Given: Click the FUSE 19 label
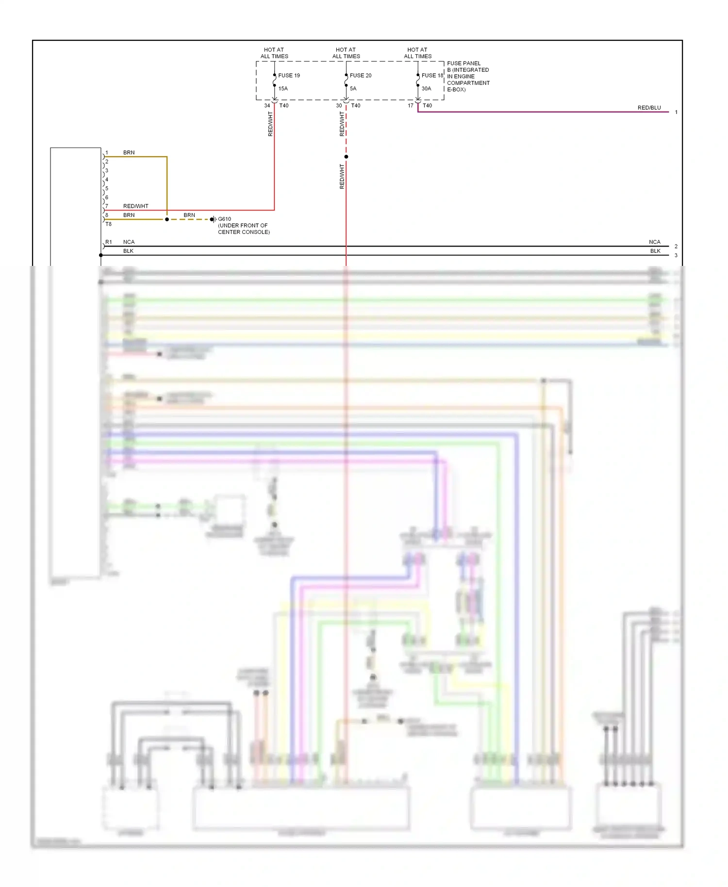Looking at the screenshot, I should click(289, 75).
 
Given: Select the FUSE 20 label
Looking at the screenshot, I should click(361, 75).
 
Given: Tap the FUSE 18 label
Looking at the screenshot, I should click(432, 75).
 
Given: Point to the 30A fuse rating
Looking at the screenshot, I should click(426, 88).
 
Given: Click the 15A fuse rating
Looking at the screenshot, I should click(283, 88).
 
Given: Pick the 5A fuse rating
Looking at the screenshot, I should click(353, 88).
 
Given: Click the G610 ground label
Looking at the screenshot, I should click(224, 219).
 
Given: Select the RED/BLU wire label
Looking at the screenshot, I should click(649, 108).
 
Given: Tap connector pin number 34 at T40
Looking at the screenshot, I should click(267, 105).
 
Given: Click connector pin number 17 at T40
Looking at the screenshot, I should click(411, 105).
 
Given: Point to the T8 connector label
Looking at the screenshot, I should click(108, 224).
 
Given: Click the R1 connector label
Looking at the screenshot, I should click(109, 242).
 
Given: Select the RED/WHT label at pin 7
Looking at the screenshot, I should click(135, 206).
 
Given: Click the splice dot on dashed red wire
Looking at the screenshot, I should click(346, 157).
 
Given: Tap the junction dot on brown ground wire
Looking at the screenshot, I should click(167, 219).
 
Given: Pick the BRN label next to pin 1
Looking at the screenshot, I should click(129, 152).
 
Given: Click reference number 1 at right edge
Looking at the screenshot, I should click(676, 112).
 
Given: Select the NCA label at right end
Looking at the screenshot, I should click(654, 242).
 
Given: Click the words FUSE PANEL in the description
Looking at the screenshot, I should click(463, 63).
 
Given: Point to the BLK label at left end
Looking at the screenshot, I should click(128, 251).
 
